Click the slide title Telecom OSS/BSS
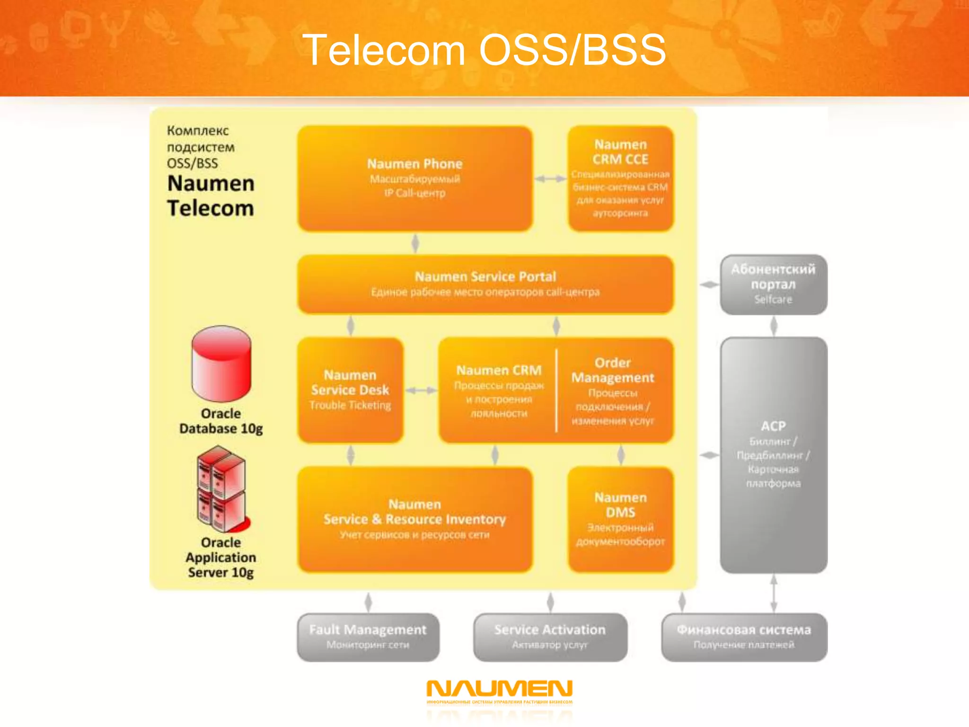pyautogui.click(x=484, y=50)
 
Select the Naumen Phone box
pyautogui.click(x=415, y=178)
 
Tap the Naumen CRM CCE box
pyautogui.click(x=620, y=178)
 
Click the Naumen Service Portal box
pyautogui.click(x=485, y=284)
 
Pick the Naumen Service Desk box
pyautogui.click(x=350, y=390)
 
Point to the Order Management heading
pyautogui.click(x=612, y=370)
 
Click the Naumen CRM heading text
pyautogui.click(x=499, y=370)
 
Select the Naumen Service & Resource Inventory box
pyautogui.click(x=415, y=519)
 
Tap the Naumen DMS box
pyautogui.click(x=620, y=519)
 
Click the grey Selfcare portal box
pyautogui.click(x=773, y=284)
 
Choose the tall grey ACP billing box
pyautogui.click(x=773, y=454)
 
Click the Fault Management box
pyautogui.click(x=368, y=637)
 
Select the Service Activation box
pyautogui.click(x=550, y=637)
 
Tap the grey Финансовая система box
pyautogui.click(x=744, y=637)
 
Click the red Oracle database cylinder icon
pyautogui.click(x=221, y=363)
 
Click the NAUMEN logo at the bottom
pyautogui.click(x=499, y=691)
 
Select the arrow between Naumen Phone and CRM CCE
pyautogui.click(x=550, y=178)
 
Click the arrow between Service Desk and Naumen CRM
pyautogui.click(x=421, y=390)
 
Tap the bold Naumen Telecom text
pyautogui.click(x=211, y=196)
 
